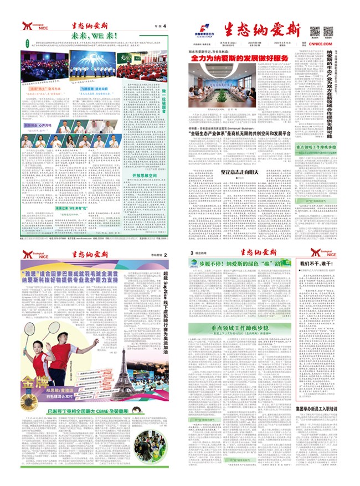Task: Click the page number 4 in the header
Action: [164, 26]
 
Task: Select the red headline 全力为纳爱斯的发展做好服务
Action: [240, 58]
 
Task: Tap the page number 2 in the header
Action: [164, 254]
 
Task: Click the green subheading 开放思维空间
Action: [145, 175]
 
